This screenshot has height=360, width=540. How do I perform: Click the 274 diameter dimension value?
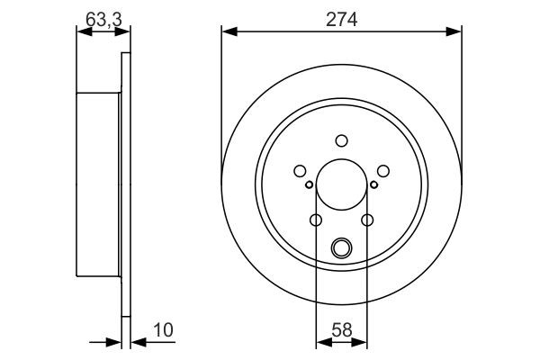click(342, 18)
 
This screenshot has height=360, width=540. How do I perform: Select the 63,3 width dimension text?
click(99, 18)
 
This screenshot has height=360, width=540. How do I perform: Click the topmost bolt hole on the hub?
click(341, 140)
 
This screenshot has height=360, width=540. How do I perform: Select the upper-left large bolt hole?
click(299, 170)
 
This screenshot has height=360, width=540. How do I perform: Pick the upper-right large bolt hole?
click(383, 170)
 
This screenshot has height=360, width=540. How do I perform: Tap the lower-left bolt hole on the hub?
click(315, 220)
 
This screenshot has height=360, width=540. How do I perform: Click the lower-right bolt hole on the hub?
click(367, 220)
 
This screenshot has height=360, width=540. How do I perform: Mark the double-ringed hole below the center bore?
click(341, 247)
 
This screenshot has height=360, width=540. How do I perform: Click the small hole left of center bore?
click(310, 185)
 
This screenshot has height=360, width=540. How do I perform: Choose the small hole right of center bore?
click(373, 185)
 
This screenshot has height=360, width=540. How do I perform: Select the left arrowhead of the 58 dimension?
click(320, 341)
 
